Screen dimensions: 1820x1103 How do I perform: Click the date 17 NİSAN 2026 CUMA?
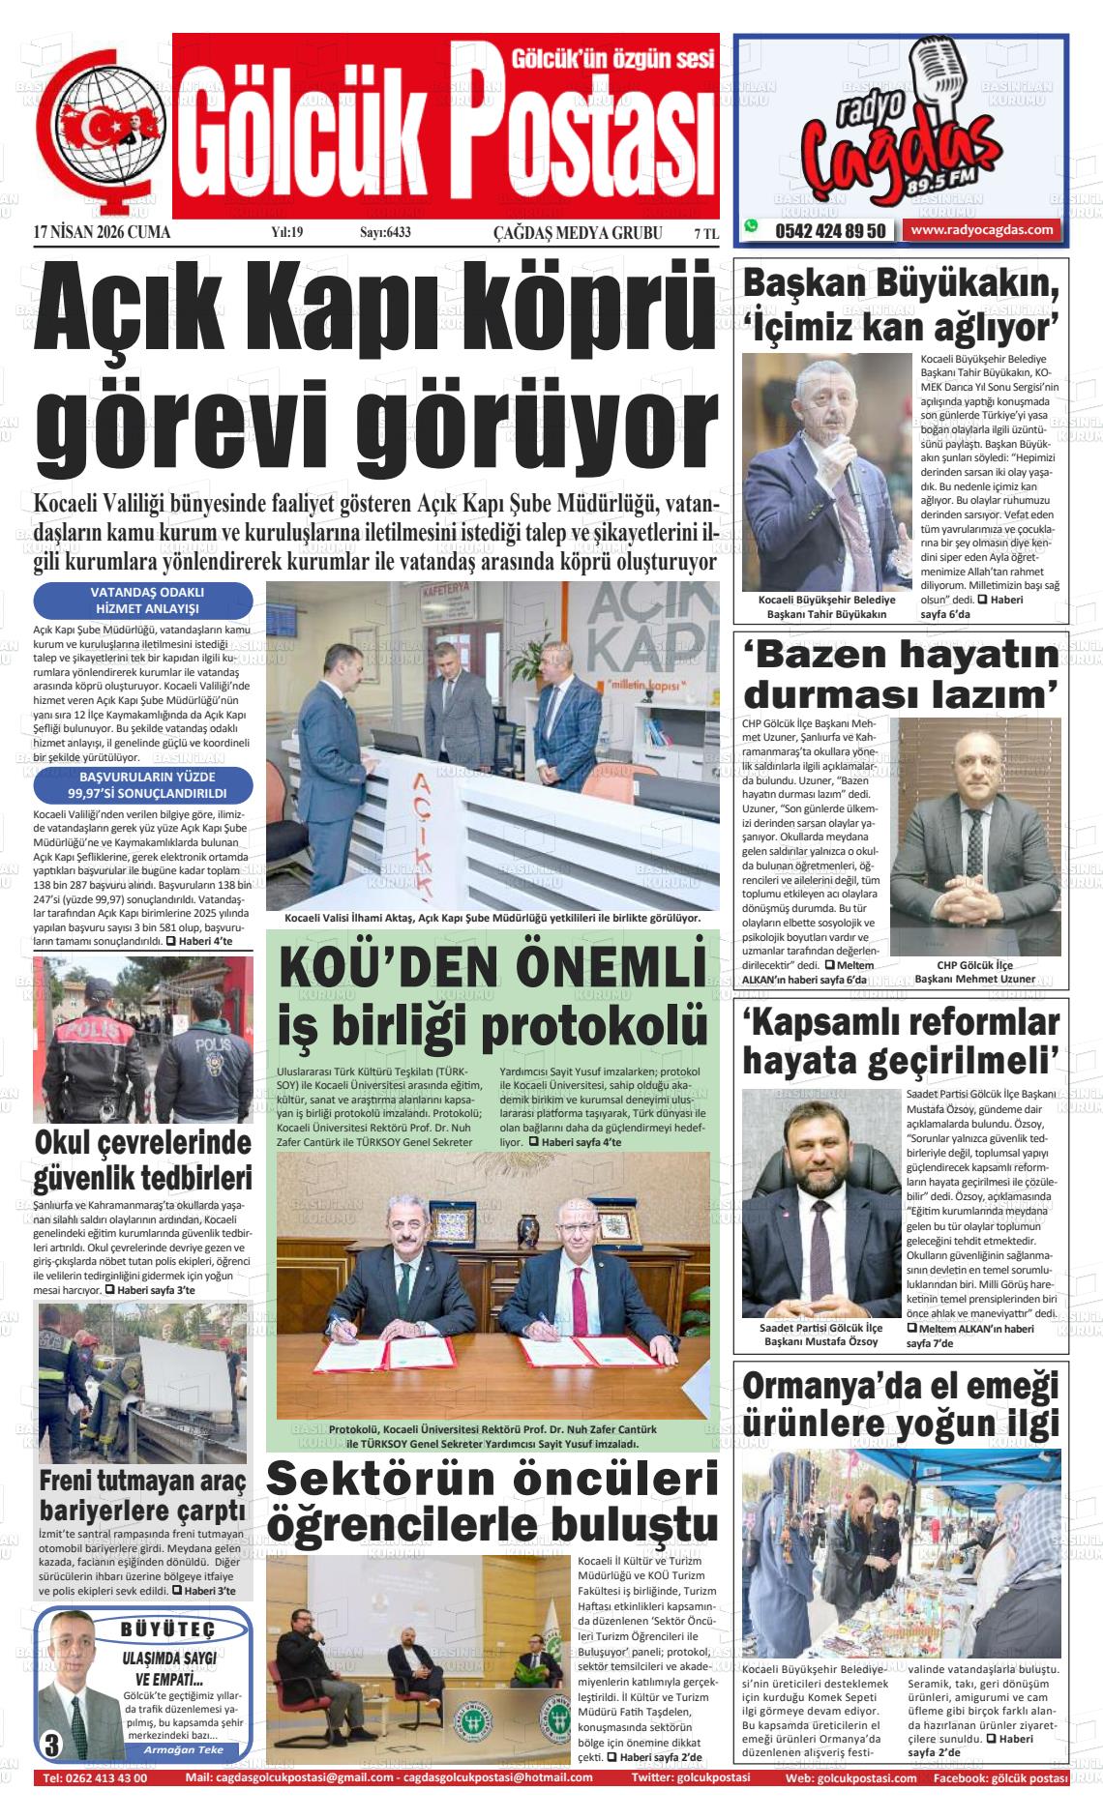click(x=102, y=232)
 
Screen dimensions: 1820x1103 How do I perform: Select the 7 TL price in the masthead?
click(x=705, y=232)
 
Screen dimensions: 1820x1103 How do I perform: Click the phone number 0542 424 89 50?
click(x=829, y=231)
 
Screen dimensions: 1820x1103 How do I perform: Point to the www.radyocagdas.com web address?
click(x=981, y=230)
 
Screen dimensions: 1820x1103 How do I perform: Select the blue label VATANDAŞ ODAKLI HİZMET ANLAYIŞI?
click(x=143, y=601)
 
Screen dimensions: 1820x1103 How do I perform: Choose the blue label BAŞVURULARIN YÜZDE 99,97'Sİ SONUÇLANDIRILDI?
click(x=143, y=784)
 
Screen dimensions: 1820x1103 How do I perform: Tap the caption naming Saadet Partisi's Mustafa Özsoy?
click(x=820, y=1335)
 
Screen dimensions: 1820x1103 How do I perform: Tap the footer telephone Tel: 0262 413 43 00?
click(x=95, y=1778)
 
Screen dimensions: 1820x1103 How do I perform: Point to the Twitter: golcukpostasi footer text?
click(x=690, y=1778)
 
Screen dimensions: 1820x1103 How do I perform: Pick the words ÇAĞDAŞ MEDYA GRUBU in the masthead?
click(x=578, y=232)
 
